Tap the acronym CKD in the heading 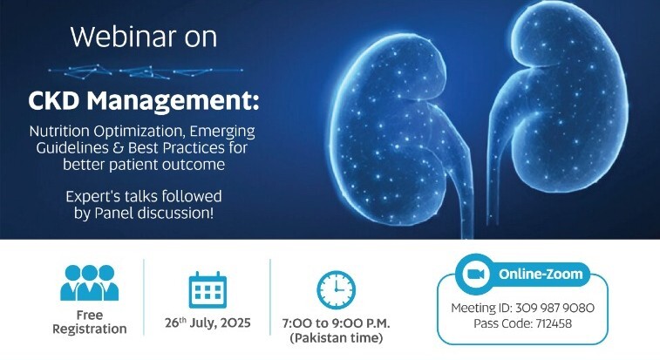coord(58,103)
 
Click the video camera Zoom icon coord(475,274)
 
